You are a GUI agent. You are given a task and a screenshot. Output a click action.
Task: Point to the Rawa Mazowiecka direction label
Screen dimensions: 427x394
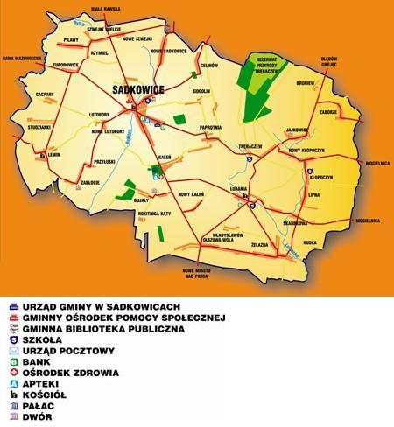pyautogui.click(x=18, y=59)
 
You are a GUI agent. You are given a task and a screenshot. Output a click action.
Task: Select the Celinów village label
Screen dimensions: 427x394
pyautogui.click(x=208, y=65)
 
